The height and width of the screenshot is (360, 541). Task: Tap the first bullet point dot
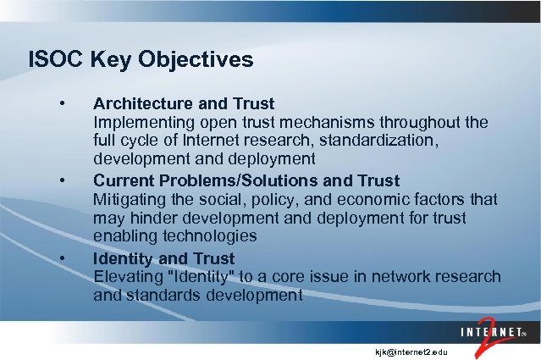[63, 104]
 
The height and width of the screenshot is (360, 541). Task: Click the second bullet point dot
[63, 181]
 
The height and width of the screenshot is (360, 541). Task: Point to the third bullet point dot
[63, 258]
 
